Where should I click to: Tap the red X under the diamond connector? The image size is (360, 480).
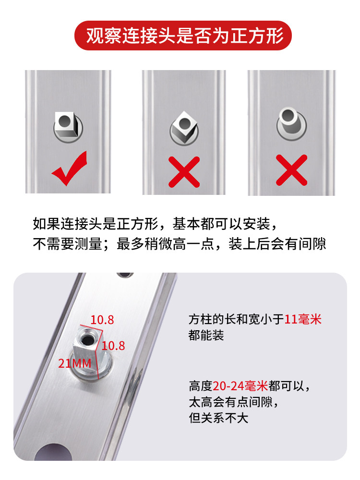184,172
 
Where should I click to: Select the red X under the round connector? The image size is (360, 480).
291,170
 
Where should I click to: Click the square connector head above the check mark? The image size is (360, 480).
65,124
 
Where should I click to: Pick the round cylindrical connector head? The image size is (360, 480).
288,120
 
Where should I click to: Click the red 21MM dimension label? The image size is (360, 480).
75,363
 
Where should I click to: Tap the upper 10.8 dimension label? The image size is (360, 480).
102,320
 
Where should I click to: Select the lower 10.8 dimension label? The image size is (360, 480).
113,346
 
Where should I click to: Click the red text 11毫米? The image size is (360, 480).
303,319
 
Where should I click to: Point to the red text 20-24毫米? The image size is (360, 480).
240,386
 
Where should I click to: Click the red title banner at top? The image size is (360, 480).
183,36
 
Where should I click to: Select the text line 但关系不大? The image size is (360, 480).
218,418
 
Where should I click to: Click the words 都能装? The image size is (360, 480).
206,335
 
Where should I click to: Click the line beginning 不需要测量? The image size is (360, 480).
179,244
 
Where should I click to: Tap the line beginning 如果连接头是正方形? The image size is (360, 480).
155,224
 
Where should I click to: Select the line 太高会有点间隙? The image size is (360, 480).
234,402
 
